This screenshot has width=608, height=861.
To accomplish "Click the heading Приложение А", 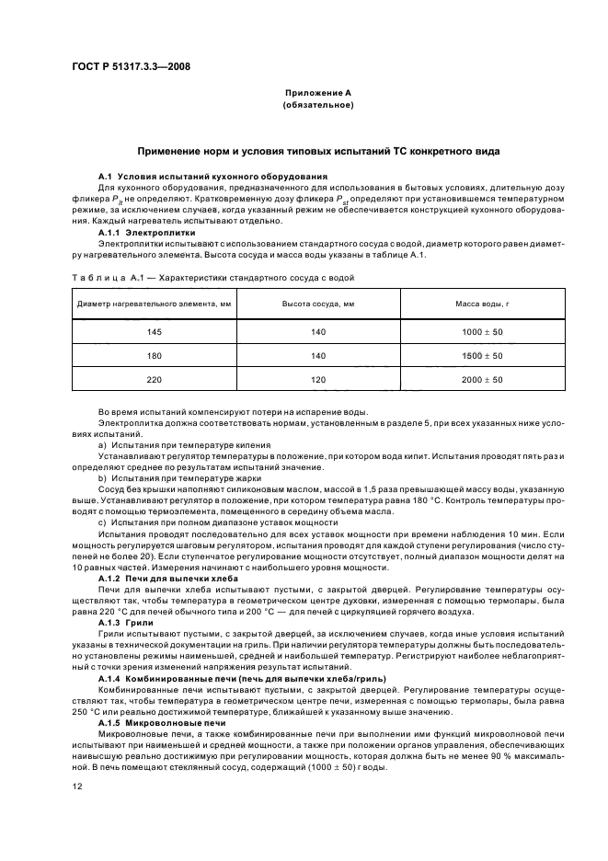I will pos(317,93).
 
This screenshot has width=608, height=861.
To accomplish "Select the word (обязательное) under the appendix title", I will pos(317,105).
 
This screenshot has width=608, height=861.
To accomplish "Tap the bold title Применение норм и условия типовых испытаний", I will pos(317,149).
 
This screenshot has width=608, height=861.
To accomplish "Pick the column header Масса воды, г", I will pos(481,304).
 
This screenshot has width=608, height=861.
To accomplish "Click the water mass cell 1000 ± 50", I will pos(481,331).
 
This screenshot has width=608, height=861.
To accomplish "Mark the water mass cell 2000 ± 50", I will pos(481,379).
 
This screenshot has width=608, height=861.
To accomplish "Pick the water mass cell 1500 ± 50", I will pos(481,355).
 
